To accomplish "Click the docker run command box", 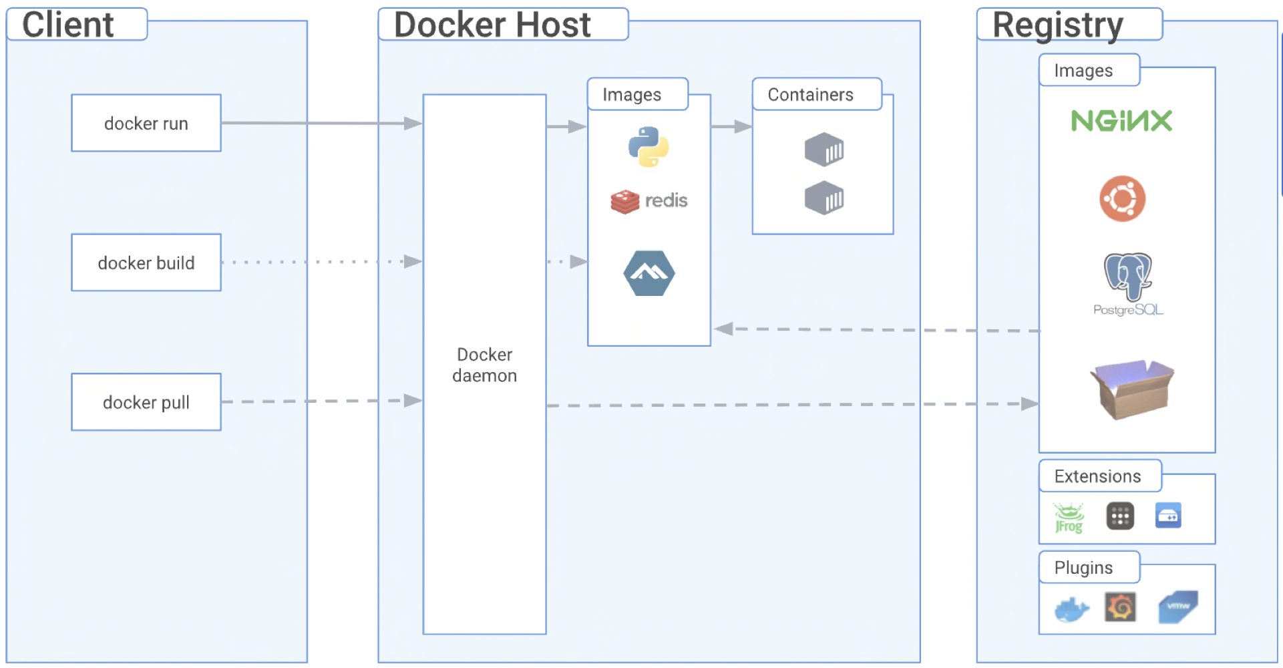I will point(146,124).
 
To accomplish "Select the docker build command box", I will point(146,263).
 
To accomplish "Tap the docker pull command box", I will point(146,402).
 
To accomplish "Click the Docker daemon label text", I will point(485,365).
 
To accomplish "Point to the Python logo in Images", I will point(649,147).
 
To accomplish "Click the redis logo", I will point(649,201).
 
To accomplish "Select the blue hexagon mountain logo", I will point(649,273).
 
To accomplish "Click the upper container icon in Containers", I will point(824,150).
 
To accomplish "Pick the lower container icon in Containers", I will point(824,198).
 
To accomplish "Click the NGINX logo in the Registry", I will point(1122,121).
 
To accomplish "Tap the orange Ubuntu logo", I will point(1123,198).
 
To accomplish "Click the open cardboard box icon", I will point(1131,389).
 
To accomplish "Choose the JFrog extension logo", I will point(1069,518).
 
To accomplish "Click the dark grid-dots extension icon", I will point(1120,516).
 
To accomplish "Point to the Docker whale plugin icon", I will point(1072,609).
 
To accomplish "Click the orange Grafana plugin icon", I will point(1120,607).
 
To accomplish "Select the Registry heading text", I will point(1058,25).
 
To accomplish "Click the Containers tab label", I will point(810,95).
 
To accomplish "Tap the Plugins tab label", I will point(1083,568).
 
